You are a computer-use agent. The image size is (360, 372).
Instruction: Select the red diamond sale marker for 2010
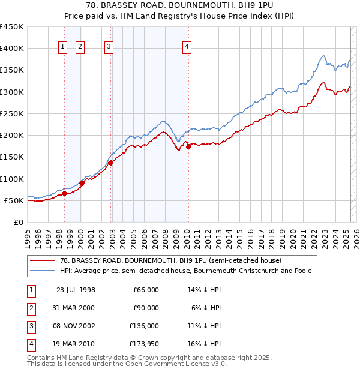point(188,146)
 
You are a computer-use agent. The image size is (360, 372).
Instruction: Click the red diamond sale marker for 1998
point(64,193)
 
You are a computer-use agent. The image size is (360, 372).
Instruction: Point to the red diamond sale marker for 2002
point(111,163)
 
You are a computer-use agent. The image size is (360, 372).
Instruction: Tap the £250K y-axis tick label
point(12,113)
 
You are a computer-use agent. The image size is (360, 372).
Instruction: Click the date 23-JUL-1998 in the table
point(76,290)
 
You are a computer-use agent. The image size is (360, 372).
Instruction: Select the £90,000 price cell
point(146,308)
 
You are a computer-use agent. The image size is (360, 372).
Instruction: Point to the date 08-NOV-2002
point(75,326)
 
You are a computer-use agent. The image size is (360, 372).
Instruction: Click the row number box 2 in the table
point(30,308)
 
